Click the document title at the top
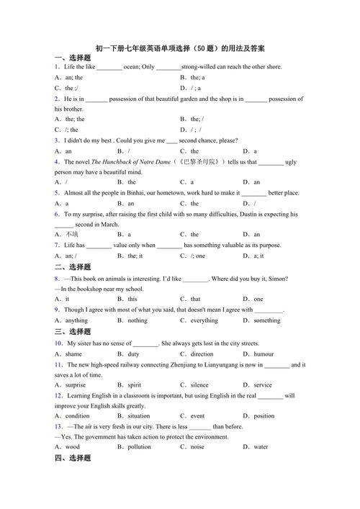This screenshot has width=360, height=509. click(180, 48)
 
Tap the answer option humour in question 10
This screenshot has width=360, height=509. click(263, 354)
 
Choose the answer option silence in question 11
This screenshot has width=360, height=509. click(199, 385)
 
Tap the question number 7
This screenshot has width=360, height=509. click(56, 246)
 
